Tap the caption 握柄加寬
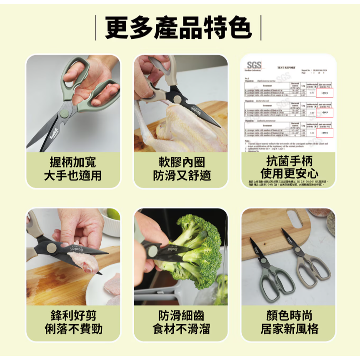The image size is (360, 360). pos(73,162)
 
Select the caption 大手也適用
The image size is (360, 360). pos(73,175)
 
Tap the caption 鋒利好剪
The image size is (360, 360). pos(73,315)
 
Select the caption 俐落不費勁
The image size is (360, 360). pos(73,329)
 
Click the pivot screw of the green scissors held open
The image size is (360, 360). pos(64,113)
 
